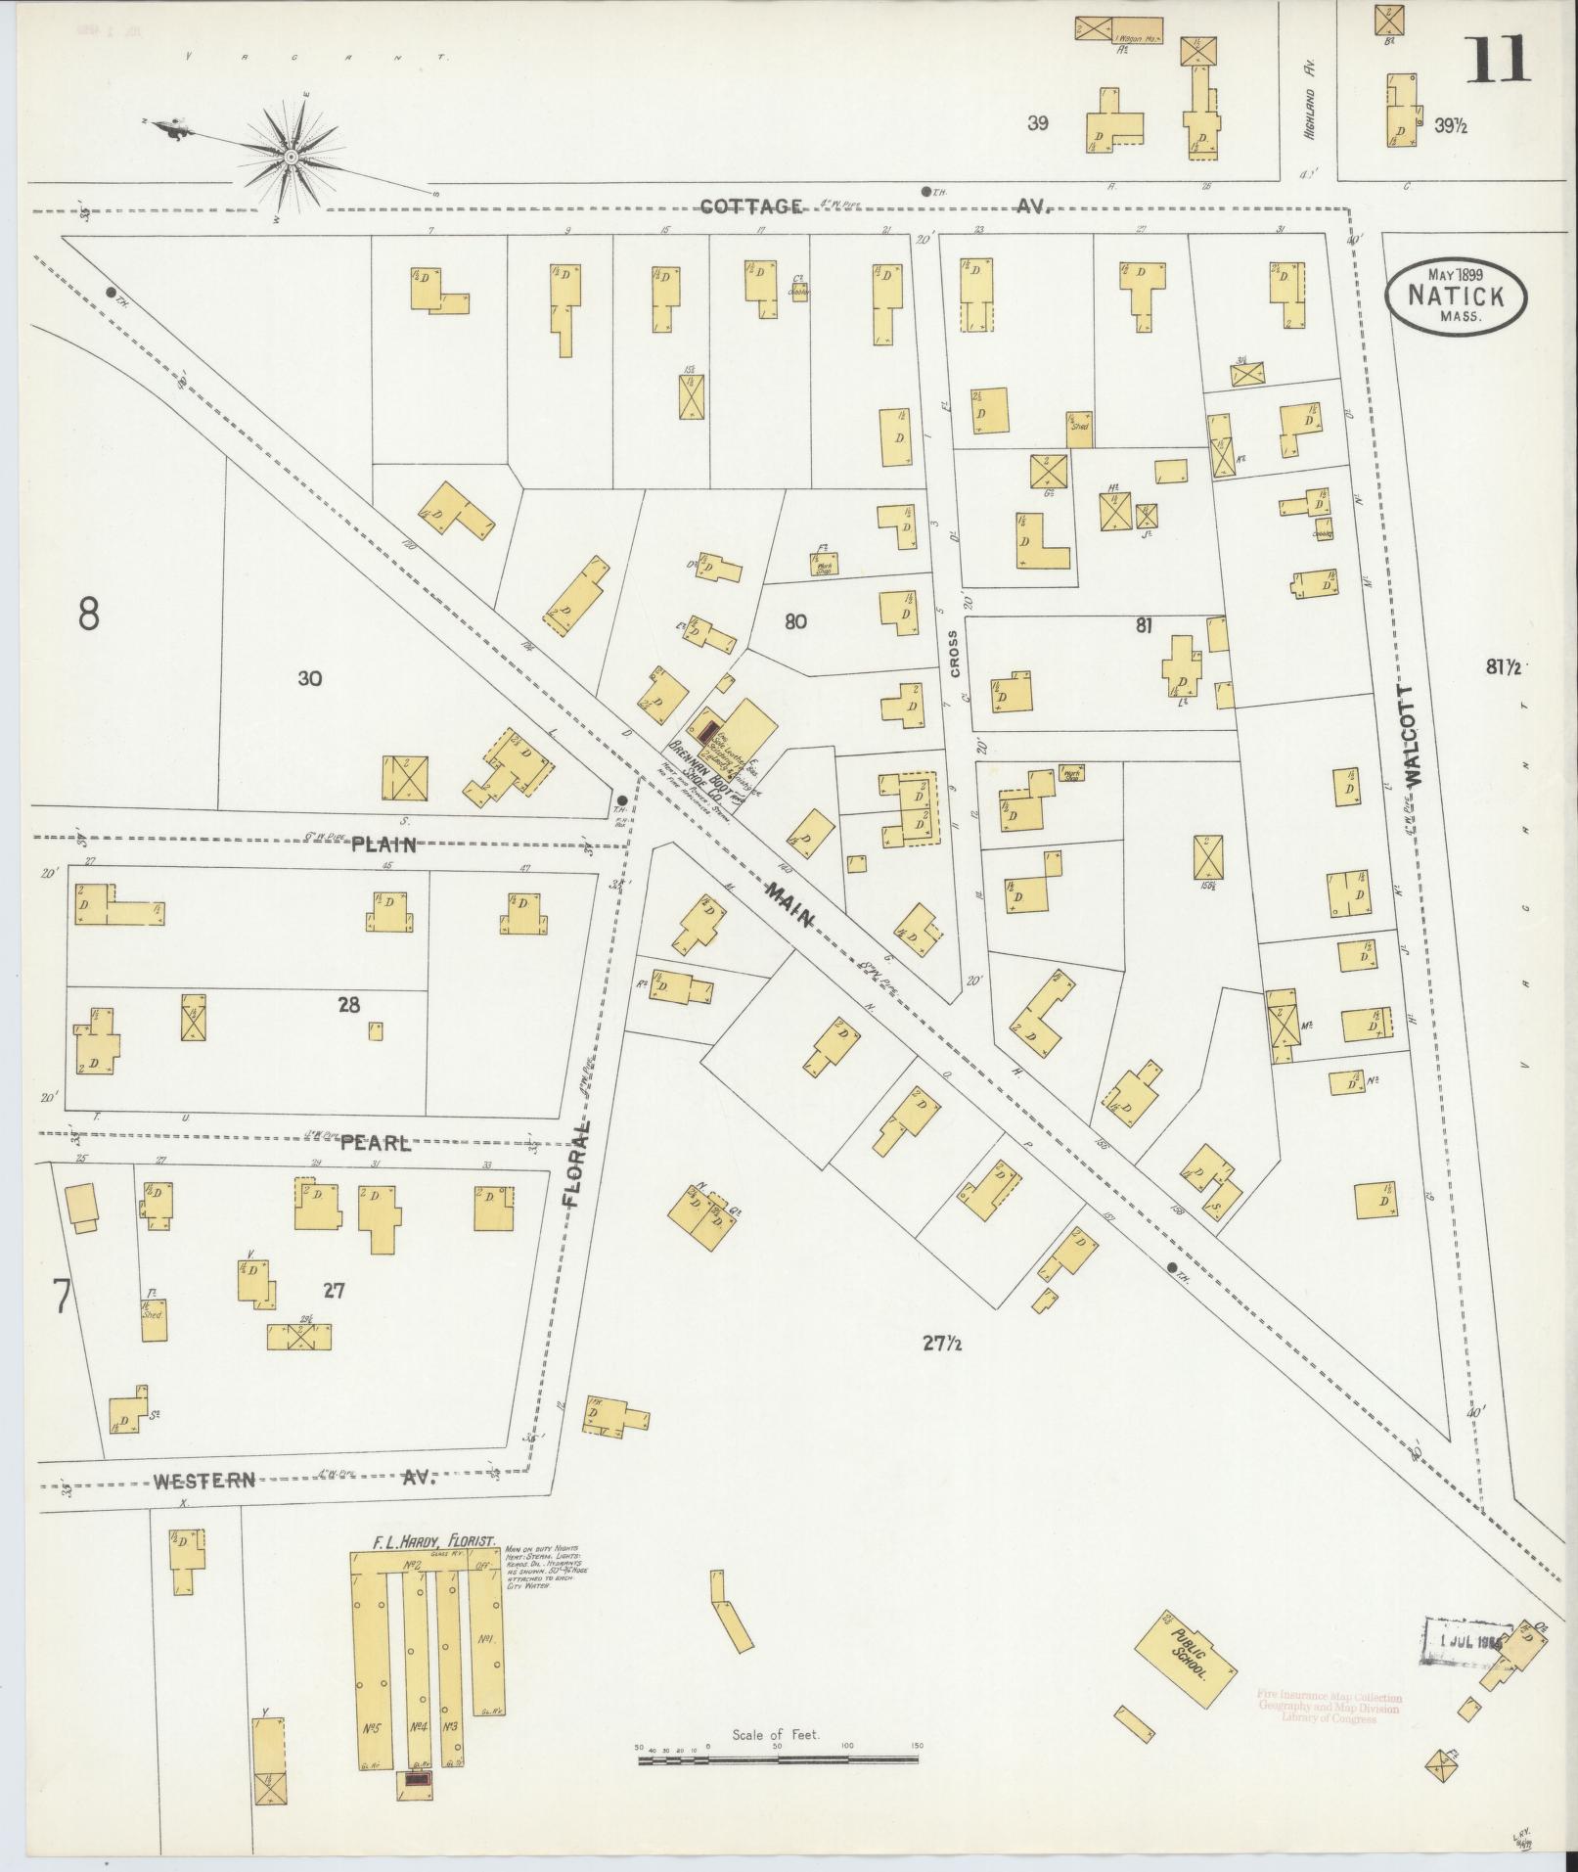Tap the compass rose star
(x=291, y=157)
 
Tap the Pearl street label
(x=376, y=1142)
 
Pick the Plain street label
(x=384, y=845)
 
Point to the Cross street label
(x=954, y=654)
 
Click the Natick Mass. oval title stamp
(x=1456, y=297)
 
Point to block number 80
(x=795, y=621)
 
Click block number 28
(x=348, y=1004)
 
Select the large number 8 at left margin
(x=89, y=614)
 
